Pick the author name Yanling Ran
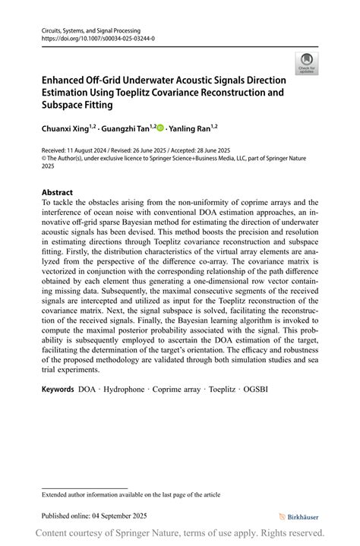coord(188,129)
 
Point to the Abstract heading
coord(58,193)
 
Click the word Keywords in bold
coord(58,389)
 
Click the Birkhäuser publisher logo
coord(298,516)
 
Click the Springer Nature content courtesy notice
coord(180,533)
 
